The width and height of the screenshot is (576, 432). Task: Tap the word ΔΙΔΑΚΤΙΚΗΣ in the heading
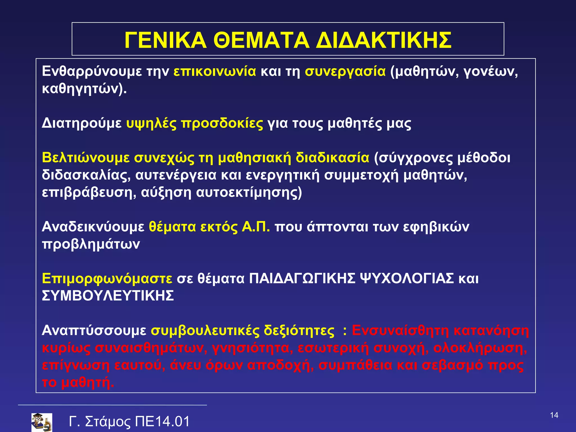tap(384, 40)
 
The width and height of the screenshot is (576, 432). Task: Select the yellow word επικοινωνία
tap(215, 71)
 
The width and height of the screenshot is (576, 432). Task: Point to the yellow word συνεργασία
tap(345, 71)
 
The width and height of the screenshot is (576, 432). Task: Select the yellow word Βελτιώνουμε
tap(86, 158)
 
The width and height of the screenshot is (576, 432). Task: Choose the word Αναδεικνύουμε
tap(93, 227)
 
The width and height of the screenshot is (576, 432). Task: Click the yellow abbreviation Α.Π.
tap(256, 227)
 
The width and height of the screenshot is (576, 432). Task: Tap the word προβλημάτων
tap(91, 244)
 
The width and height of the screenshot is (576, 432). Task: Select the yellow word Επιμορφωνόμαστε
tap(107, 279)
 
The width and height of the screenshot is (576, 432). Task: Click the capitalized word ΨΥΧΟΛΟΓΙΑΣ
tap(407, 279)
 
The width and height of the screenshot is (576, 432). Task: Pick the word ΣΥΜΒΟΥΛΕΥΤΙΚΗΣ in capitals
tap(108, 296)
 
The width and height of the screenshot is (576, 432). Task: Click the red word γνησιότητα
tap(250, 348)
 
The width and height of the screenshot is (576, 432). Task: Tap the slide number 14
tap(554, 415)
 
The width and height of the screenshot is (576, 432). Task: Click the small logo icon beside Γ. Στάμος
tap(42, 422)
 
